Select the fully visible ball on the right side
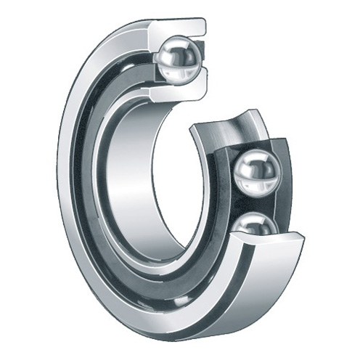pyautogui.click(x=257, y=172)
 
